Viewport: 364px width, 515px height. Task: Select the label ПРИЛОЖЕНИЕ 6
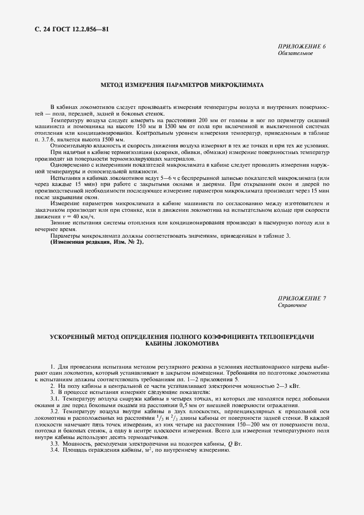click(x=302, y=47)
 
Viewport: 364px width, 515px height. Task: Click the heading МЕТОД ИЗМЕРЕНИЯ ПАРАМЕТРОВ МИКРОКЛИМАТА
click(x=182, y=86)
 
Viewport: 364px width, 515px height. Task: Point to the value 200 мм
click(x=207, y=119)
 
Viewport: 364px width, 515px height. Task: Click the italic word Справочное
click(x=292, y=305)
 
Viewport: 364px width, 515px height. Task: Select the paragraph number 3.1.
click(x=55, y=398)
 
